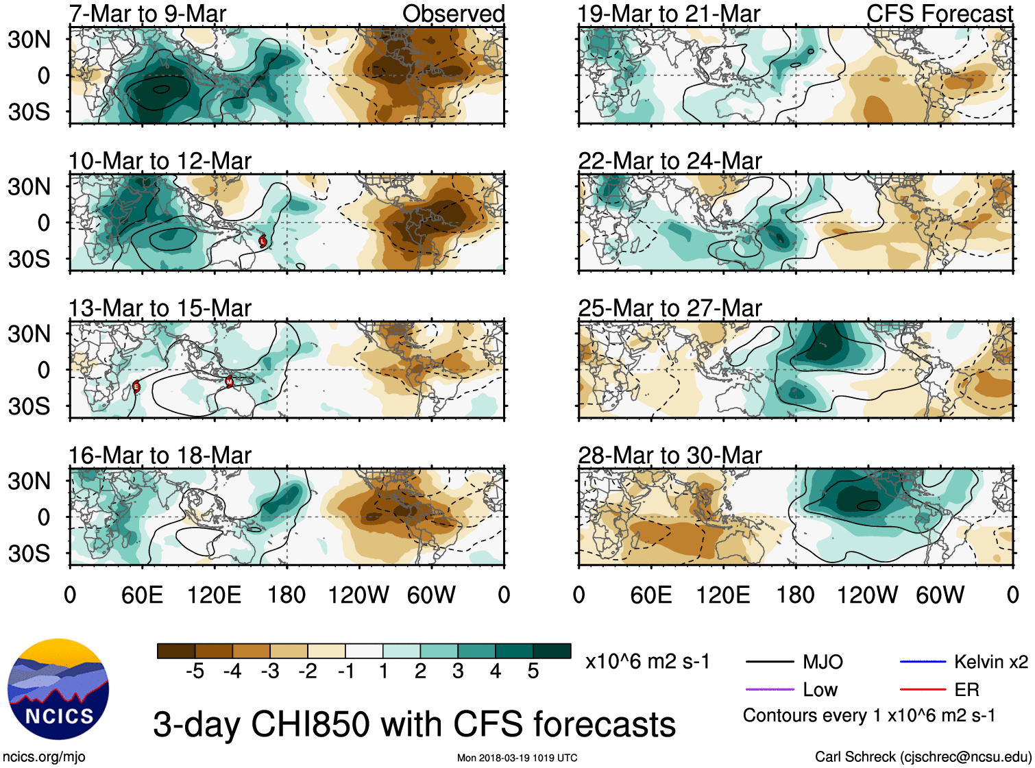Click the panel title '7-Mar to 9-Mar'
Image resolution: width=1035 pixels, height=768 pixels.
(x=147, y=14)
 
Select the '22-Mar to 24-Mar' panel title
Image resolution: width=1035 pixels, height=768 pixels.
(x=670, y=161)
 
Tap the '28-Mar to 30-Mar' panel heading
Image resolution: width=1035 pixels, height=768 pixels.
(x=670, y=456)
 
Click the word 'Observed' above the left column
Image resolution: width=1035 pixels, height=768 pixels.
(x=453, y=14)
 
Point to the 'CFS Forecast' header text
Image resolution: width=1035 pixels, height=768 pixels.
(x=939, y=14)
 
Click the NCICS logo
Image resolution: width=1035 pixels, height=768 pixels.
(x=58, y=689)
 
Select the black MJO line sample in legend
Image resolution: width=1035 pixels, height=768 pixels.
(x=769, y=662)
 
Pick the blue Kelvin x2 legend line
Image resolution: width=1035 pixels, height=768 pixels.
(x=923, y=662)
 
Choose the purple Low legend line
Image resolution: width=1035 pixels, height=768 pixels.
(x=769, y=689)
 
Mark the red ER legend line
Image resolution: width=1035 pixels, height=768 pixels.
(x=923, y=689)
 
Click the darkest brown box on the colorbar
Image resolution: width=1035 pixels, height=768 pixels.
(x=176, y=651)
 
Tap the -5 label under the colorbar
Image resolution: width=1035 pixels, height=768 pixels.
(x=195, y=671)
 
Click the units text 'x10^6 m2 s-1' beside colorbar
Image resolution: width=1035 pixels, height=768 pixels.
(x=647, y=662)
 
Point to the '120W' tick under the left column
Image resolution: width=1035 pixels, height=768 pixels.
(x=358, y=595)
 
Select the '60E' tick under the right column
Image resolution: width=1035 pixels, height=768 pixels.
(x=651, y=595)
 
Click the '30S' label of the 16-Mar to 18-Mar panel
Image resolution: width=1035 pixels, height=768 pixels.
(x=29, y=554)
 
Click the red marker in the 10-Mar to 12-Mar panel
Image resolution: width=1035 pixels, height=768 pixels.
(x=263, y=240)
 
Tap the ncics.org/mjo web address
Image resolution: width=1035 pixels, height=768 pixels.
(x=44, y=757)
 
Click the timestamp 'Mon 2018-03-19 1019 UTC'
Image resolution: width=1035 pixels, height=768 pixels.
(x=517, y=758)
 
